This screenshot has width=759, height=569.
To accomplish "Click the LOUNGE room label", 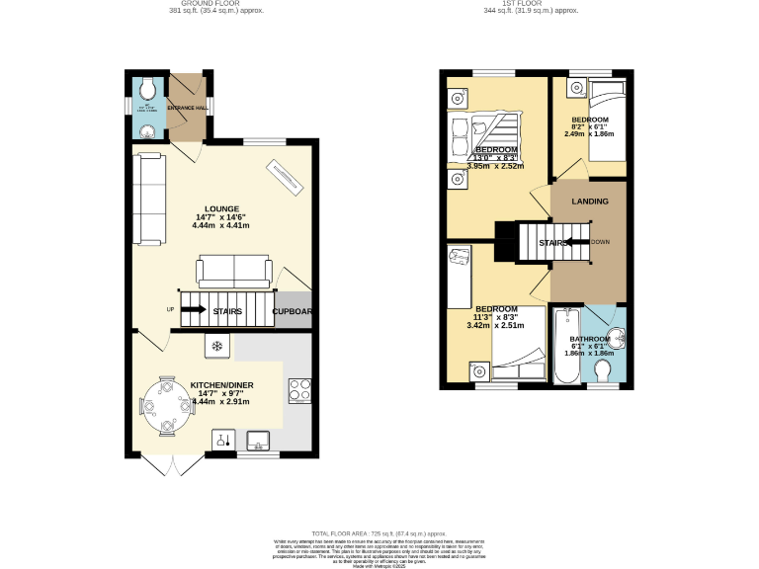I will (221, 208).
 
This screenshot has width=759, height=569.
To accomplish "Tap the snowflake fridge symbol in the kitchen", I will (217, 346).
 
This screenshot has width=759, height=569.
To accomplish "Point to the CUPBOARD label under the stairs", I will (293, 311).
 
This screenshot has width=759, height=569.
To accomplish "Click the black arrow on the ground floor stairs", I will (194, 310).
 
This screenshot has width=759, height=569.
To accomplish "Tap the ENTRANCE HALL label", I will (186, 107).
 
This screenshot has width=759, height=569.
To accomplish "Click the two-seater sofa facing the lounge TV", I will (235, 270).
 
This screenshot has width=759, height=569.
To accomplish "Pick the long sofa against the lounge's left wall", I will (150, 200).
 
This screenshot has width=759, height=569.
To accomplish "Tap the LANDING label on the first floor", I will (591, 202).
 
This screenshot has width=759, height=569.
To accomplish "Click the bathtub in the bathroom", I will (567, 347).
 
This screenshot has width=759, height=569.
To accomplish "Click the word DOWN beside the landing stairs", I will (600, 241).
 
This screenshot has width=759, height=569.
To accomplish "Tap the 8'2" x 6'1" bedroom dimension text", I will (592, 126).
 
